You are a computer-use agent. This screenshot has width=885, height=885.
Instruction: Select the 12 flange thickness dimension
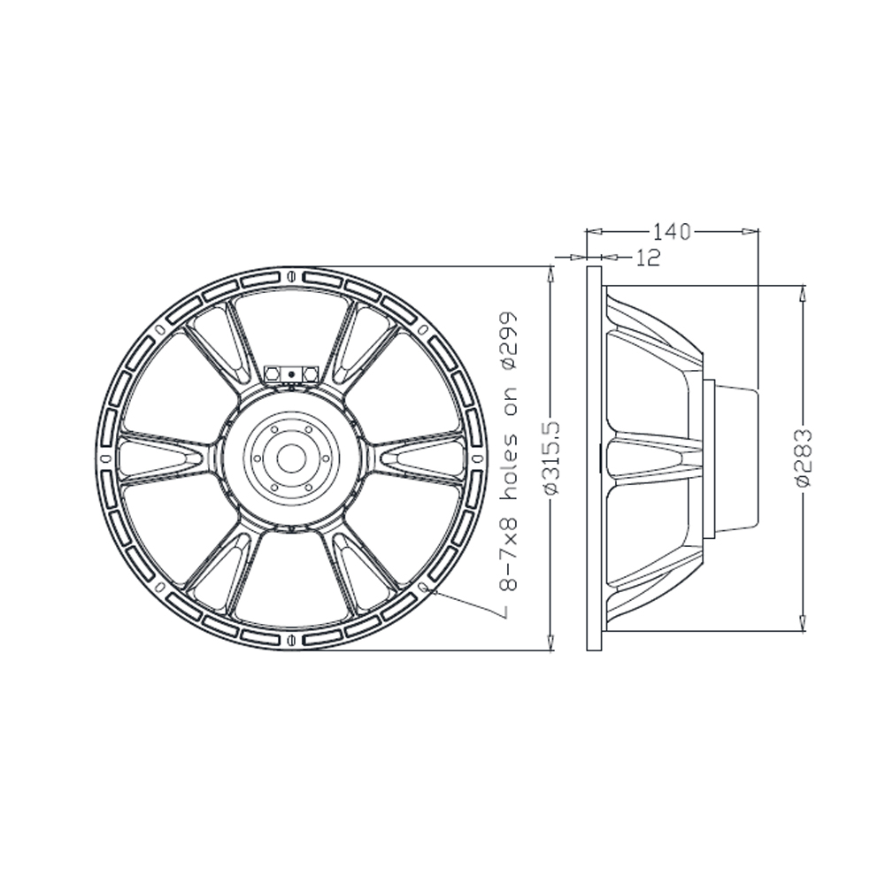click(x=648, y=258)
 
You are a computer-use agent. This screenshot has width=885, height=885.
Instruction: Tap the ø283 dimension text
click(x=803, y=458)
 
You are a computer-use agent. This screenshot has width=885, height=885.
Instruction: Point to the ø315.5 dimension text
click(x=552, y=458)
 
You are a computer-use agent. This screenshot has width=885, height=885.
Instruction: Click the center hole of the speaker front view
click(x=291, y=458)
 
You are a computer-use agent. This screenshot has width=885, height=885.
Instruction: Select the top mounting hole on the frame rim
click(x=291, y=276)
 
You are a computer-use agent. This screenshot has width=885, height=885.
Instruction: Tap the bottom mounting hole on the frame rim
click(x=291, y=640)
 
